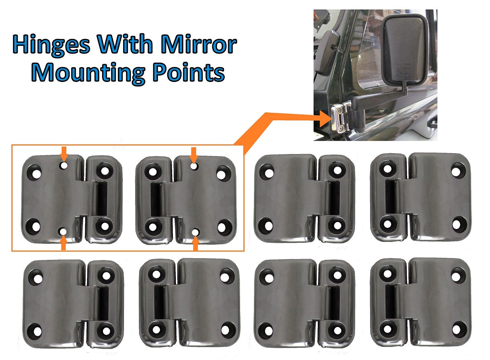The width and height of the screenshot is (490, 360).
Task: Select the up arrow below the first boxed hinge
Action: pos(63,243)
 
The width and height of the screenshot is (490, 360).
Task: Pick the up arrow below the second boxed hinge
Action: pos(196,243)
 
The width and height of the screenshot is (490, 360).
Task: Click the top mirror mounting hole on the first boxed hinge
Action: pos(63,166)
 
